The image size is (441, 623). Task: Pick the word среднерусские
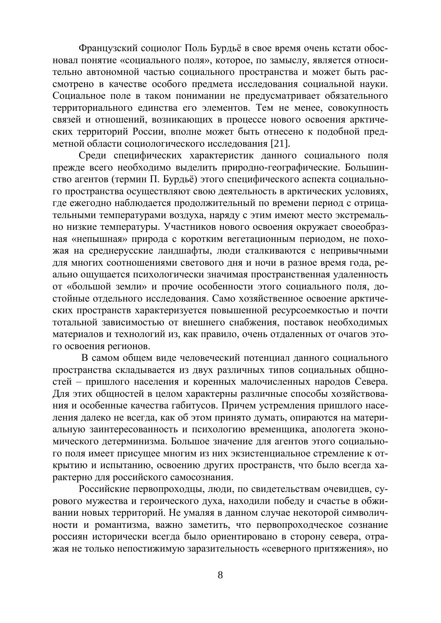pyautogui.click(x=119, y=251)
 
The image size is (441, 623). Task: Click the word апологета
pyautogui.click(x=331, y=429)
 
